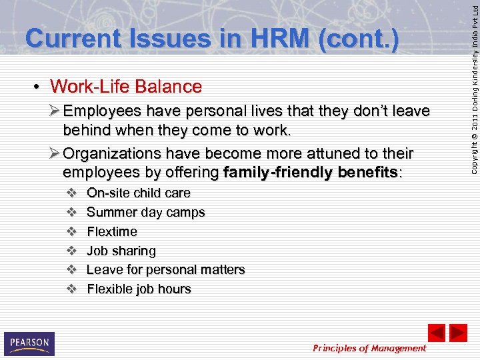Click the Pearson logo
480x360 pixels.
click(x=29, y=343)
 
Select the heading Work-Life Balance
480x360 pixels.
click(x=125, y=87)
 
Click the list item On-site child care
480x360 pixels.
click(x=139, y=193)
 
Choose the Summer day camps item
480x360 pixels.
click(x=146, y=213)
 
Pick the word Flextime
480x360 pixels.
click(x=112, y=232)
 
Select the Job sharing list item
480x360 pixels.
click(x=121, y=251)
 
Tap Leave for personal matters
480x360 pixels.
click(x=166, y=270)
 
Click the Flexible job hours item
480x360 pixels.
click(x=139, y=289)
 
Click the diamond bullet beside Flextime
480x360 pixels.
click(x=71, y=232)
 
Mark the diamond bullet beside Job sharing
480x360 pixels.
click(x=71, y=251)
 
